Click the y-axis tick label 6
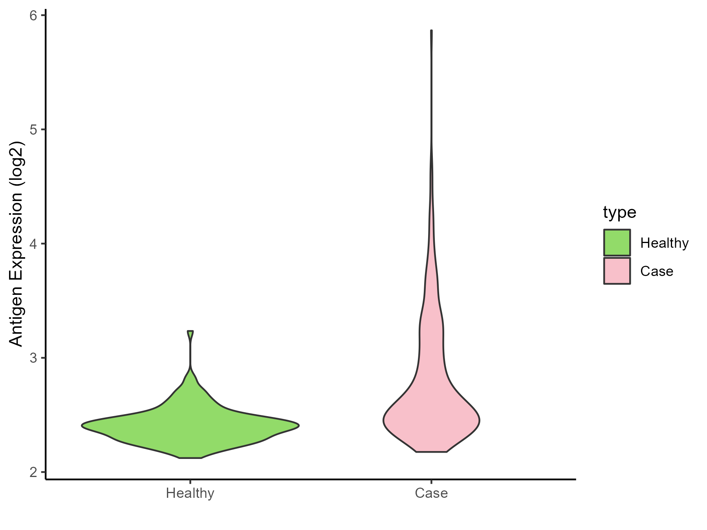[x=33, y=16]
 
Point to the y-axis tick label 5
[x=33, y=130]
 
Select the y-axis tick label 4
[x=33, y=244]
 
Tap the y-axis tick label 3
[x=33, y=358]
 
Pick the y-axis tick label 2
[x=33, y=472]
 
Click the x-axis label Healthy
[x=190, y=493]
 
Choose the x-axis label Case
[x=431, y=493]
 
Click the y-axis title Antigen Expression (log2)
[x=16, y=243]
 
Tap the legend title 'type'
[x=619, y=212]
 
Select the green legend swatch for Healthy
[x=617, y=243]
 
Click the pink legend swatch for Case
[x=617, y=271]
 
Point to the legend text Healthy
[x=664, y=243]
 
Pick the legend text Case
[x=657, y=271]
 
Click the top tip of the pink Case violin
[x=431, y=31]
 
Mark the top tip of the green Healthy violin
[x=190, y=332]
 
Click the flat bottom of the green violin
[x=190, y=458]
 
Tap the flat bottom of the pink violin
[x=431, y=452]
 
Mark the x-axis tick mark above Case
[x=431, y=482]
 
